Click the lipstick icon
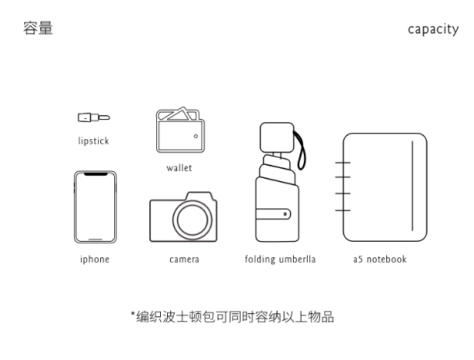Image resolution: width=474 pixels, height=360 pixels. click(93, 118)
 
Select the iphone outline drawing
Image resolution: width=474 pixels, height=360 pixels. click(95, 208)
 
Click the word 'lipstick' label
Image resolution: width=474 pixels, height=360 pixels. click(93, 142)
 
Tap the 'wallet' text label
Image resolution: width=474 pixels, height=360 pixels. click(179, 168)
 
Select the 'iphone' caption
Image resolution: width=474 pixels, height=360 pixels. click(95, 260)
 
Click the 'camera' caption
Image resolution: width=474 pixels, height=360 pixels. click(184, 260)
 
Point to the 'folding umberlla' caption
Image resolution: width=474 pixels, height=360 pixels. click(280, 260)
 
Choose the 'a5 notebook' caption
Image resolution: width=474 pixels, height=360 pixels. click(380, 260)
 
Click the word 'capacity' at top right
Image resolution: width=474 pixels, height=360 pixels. click(434, 30)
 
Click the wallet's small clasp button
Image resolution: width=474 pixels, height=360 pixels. click(196, 137)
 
